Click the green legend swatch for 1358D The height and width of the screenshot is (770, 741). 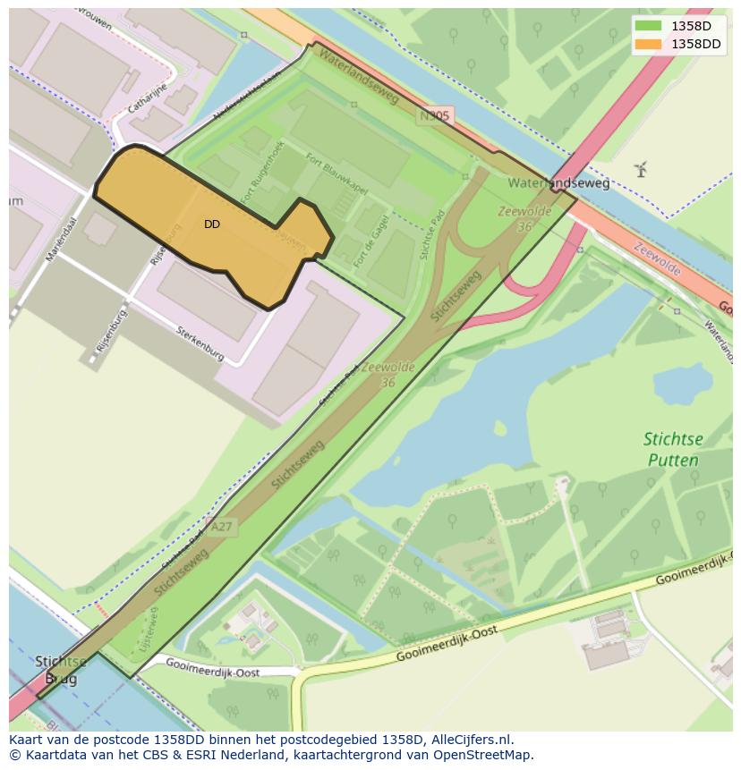point(648,26)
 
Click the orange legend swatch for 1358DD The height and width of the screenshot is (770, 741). point(648,44)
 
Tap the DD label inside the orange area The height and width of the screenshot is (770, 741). point(212,224)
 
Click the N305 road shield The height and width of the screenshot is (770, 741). point(436,115)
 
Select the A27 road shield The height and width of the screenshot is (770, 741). point(220,527)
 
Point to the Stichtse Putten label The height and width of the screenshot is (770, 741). point(673,450)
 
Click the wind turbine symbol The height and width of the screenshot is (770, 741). point(640,168)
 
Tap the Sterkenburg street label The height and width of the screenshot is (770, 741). point(200,342)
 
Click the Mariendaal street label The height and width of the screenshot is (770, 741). point(62,239)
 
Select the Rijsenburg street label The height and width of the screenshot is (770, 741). point(107,330)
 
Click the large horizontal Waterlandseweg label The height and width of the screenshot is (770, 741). point(558,183)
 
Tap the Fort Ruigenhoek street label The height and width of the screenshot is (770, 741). point(265,172)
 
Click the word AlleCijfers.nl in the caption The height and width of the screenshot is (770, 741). point(472,740)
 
